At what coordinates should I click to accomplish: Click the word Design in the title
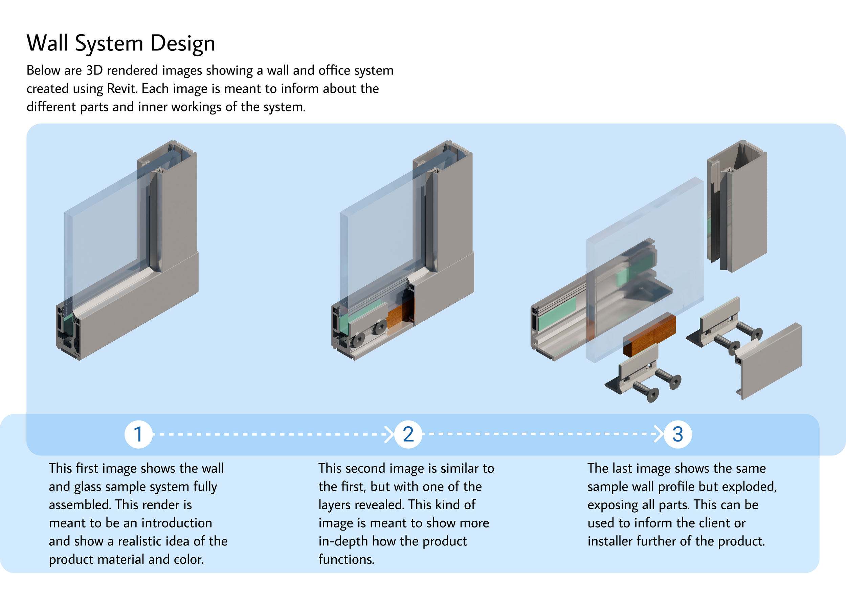183,43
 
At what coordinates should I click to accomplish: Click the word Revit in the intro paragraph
121,89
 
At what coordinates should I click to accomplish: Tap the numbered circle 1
138,434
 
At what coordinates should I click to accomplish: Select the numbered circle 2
408,434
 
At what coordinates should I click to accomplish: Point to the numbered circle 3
677,434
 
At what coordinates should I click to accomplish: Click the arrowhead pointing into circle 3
659,434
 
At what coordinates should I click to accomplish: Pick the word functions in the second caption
346,559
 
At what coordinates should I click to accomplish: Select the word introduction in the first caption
177,523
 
